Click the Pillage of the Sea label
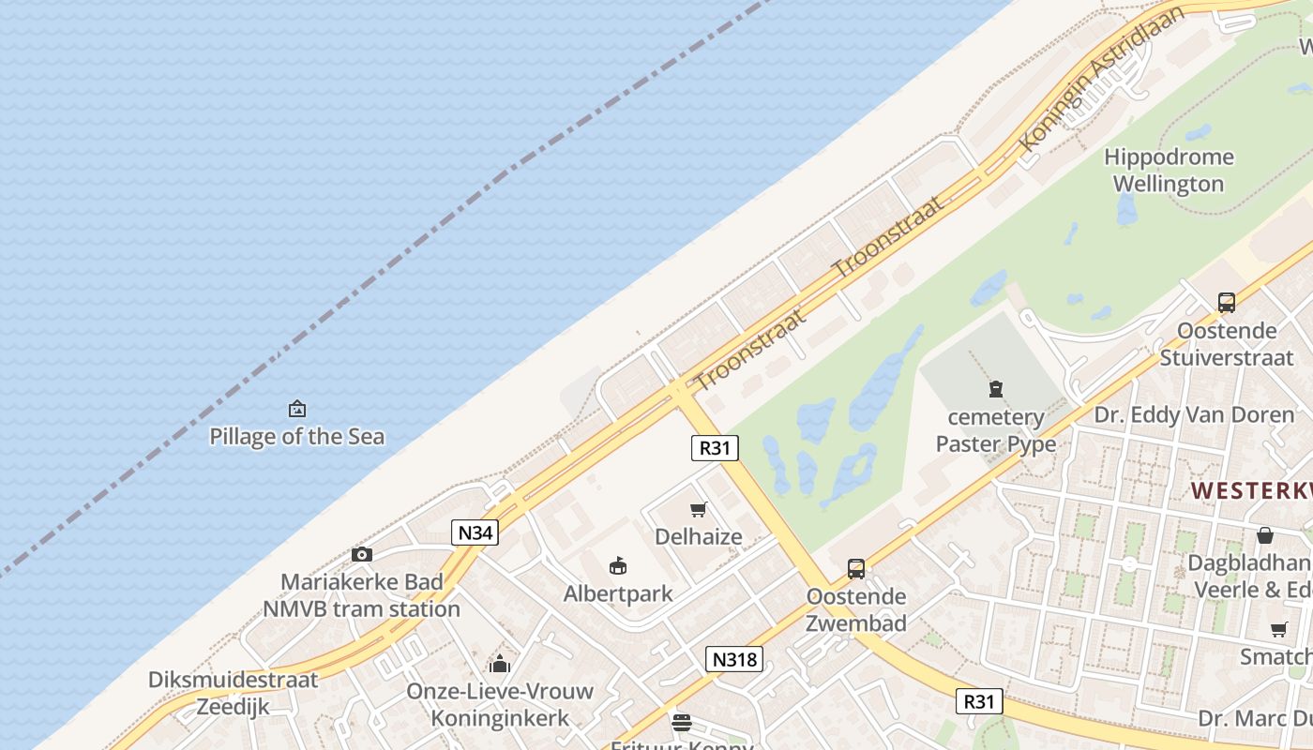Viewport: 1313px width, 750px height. coord(296,436)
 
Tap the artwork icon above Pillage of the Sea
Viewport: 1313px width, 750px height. coord(297,409)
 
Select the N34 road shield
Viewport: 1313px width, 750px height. coord(475,533)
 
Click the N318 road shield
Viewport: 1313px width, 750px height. coord(734,659)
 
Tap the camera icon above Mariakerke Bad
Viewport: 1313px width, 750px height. coord(362,555)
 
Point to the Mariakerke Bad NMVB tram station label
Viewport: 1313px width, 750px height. coord(362,595)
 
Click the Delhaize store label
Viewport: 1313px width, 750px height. coord(699,537)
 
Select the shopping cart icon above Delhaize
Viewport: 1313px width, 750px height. coord(698,510)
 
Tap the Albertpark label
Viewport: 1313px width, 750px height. coord(618,593)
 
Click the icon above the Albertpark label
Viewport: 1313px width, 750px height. coord(618,565)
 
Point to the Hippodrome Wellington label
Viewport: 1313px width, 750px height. coord(1169,170)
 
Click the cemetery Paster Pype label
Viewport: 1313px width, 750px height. coord(996,430)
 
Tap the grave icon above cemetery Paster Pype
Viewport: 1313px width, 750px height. coord(996,389)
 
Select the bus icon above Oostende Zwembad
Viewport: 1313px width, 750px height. coord(856,569)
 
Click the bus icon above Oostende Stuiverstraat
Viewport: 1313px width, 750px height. coord(1227,303)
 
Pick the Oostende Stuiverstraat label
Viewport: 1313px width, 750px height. coord(1227,344)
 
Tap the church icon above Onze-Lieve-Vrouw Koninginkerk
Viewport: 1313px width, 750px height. coord(500,664)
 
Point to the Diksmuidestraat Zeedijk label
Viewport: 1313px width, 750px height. coord(234,693)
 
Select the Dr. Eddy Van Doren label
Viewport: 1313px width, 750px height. coord(1194,414)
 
